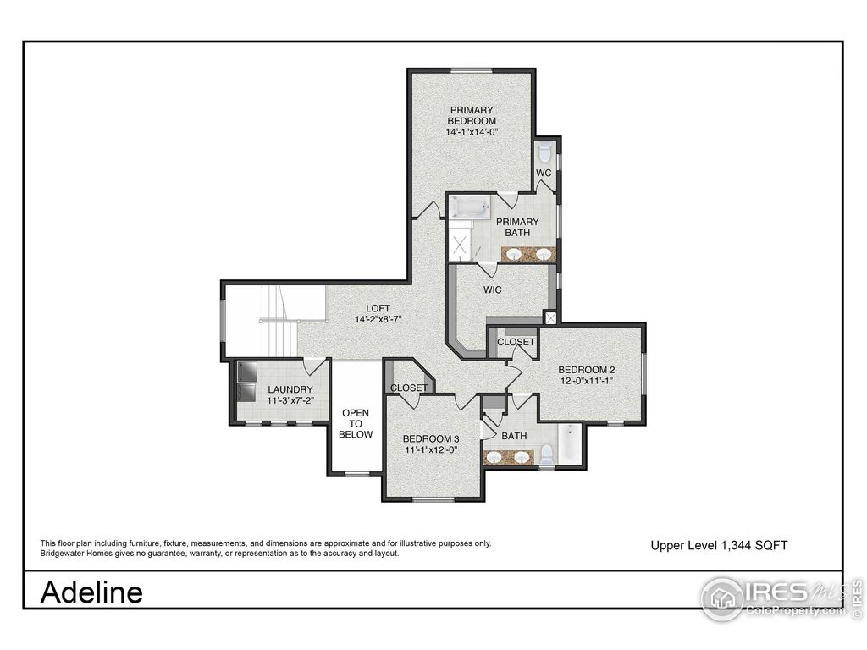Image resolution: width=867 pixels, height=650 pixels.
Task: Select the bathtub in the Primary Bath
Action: pyautogui.click(x=469, y=207)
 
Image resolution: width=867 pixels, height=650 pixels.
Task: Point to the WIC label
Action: pyautogui.click(x=493, y=289)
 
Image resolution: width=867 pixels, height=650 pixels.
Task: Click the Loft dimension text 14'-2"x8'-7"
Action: pyautogui.click(x=377, y=319)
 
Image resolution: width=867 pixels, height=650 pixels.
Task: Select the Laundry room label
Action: pyautogui.click(x=290, y=389)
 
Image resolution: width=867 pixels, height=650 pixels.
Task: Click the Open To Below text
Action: pyautogui.click(x=356, y=423)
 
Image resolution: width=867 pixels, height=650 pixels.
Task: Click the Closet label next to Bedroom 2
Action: pyautogui.click(x=516, y=342)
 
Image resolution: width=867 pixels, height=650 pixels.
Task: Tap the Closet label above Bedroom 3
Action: pyautogui.click(x=409, y=388)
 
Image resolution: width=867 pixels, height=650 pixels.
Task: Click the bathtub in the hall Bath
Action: pyautogui.click(x=570, y=443)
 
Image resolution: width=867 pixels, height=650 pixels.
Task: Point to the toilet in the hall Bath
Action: pyautogui.click(x=546, y=454)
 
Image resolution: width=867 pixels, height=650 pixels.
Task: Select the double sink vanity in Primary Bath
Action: pyautogui.click(x=528, y=253)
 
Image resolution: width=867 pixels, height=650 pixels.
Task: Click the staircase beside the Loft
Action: pyautogui.click(x=275, y=322)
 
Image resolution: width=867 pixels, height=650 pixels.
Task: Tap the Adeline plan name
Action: pyautogui.click(x=91, y=592)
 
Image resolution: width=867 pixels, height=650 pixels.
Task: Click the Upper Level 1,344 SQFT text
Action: pyautogui.click(x=719, y=546)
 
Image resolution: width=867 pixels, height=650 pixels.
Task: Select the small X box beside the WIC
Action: pyautogui.click(x=552, y=318)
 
